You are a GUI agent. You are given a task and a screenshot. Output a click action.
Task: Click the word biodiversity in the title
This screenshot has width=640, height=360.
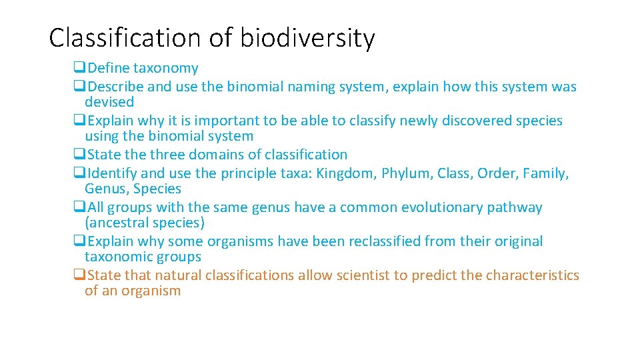coord(307,39)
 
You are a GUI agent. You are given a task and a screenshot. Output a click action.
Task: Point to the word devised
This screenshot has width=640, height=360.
coord(109,102)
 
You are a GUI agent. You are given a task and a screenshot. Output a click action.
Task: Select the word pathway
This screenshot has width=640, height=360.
coord(515,207)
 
